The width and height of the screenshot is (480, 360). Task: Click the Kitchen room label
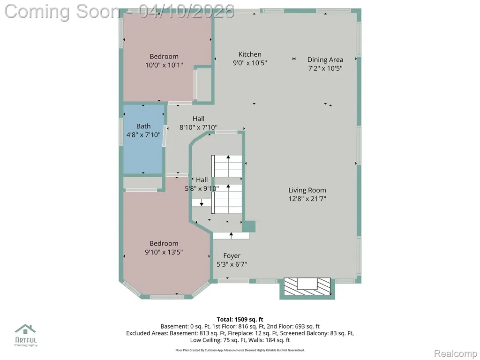pos(250,54)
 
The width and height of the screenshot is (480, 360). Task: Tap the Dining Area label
pos(325,60)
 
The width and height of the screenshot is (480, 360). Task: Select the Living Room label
pos(307,190)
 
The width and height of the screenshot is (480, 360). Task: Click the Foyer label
pos(232,255)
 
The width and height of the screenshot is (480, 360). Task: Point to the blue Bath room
pos(143,139)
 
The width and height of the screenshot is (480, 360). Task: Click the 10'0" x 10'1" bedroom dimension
pos(164,65)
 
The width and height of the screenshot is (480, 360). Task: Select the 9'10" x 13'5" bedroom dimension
pos(164,252)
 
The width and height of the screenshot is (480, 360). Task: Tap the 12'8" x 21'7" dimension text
pos(307,199)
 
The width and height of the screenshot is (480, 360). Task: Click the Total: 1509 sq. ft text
pos(240,320)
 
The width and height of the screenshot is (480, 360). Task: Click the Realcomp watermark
pos(456,353)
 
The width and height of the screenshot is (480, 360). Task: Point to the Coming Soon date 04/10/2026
pos(187,11)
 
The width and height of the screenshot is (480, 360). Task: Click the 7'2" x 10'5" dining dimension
pos(325,68)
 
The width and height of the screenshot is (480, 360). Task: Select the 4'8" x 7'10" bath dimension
pos(143,135)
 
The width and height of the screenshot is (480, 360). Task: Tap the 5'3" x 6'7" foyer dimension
pos(232,264)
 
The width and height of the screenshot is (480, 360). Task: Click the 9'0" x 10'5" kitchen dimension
pos(250,63)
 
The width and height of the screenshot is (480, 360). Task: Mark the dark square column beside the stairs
pos(249,226)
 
